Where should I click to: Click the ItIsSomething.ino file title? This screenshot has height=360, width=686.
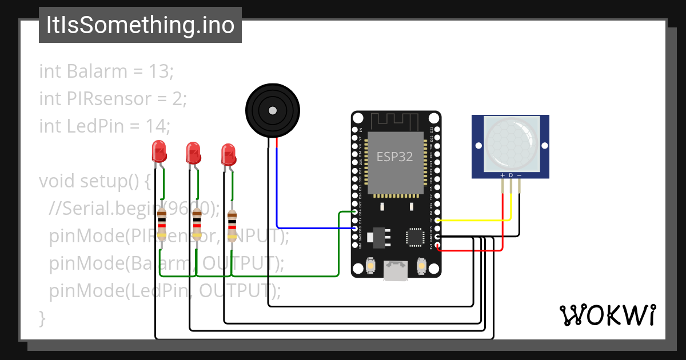click(x=140, y=26)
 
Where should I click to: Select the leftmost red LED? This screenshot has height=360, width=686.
click(x=159, y=152)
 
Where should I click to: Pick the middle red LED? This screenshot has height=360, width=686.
click(x=194, y=153)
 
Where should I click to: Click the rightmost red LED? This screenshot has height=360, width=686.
click(x=229, y=154)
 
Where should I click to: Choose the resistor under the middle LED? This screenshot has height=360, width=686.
click(x=197, y=225)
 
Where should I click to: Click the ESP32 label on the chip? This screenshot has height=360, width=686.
click(x=394, y=157)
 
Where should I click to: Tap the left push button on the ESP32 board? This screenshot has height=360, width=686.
click(x=370, y=266)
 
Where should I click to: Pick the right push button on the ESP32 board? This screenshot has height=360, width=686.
click(x=421, y=266)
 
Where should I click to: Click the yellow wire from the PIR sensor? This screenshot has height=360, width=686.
click(x=474, y=220)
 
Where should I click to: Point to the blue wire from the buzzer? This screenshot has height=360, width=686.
click(x=314, y=228)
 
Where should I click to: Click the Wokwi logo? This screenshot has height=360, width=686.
click(x=607, y=315)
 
